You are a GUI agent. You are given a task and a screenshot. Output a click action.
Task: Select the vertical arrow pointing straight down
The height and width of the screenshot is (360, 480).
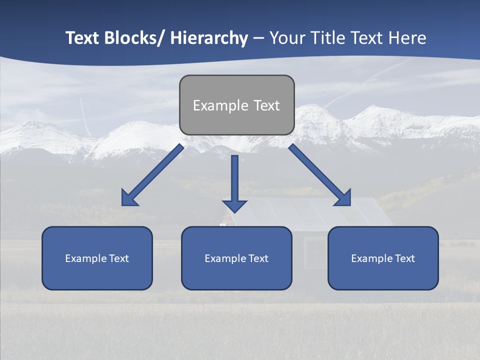tap(234, 180)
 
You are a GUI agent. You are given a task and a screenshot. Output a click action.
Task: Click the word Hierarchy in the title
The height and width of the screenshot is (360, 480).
tap(208, 38)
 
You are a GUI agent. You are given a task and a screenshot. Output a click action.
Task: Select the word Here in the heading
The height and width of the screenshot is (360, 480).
tap(407, 38)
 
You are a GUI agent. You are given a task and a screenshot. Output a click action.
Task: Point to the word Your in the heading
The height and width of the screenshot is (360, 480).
tap(286, 38)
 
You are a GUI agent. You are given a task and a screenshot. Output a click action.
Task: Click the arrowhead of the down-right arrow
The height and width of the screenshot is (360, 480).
tap(343, 198)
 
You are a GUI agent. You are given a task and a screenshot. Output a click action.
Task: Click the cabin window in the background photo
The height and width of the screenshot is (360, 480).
tap(315, 247)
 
